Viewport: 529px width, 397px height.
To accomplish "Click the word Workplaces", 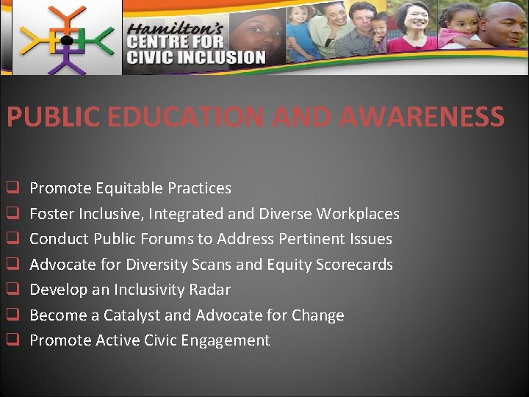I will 358,214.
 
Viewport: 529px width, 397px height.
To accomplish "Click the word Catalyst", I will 132,315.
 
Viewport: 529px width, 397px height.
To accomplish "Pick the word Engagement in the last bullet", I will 226,340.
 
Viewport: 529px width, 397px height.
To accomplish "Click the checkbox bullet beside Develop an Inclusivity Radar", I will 12,290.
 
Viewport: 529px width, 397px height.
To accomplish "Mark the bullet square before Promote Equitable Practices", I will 12,188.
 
